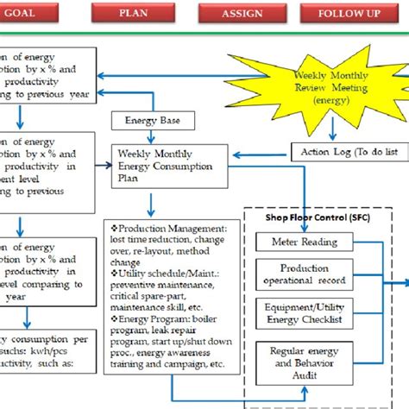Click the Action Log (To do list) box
[349, 152]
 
